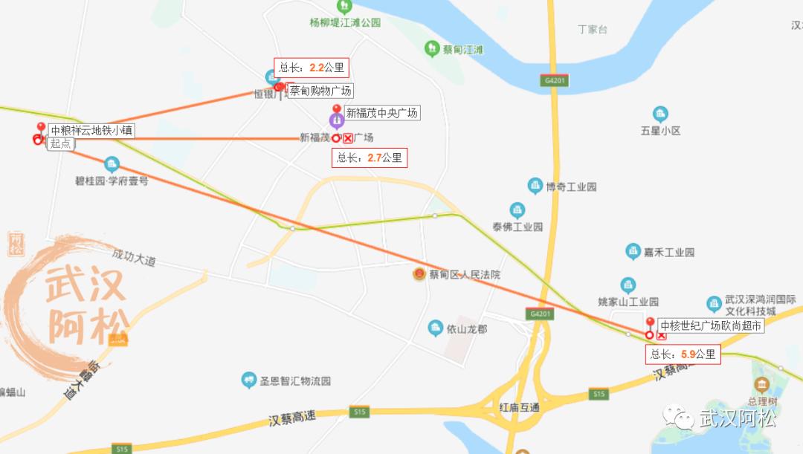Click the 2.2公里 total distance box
[x=312, y=68]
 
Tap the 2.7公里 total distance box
[x=370, y=158]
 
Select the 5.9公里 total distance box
[x=683, y=354]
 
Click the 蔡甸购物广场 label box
[x=320, y=91]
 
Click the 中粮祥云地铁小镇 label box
[x=91, y=130]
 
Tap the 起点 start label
[x=60, y=143]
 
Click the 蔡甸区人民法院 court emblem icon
[x=419, y=274]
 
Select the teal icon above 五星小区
[x=660, y=114]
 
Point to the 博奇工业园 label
[x=571, y=187]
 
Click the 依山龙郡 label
[x=467, y=328]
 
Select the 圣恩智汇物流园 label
[x=295, y=381]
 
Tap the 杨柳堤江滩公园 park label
[x=345, y=22]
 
